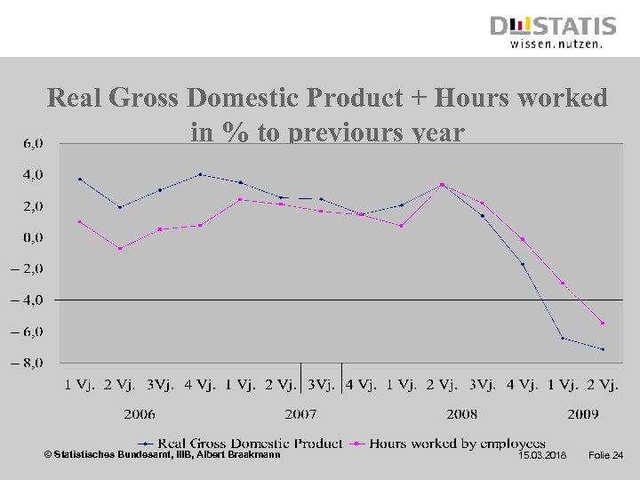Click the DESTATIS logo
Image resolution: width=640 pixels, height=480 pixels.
[553, 31]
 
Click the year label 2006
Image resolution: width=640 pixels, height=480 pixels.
[140, 413]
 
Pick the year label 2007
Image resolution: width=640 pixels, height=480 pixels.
[300, 413]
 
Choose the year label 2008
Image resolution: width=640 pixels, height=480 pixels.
[461, 413]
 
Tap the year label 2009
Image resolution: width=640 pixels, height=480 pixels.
[582, 413]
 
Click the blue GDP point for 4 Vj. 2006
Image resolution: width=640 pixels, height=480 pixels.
[200, 174]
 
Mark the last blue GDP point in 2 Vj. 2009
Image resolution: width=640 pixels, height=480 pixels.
[603, 349]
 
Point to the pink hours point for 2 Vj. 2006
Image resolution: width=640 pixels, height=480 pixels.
[120, 248]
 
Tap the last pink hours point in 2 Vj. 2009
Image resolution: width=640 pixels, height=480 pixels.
[603, 323]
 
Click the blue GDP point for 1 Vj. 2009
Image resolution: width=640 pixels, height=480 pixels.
[563, 338]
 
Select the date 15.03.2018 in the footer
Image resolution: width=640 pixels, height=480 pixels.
[542, 456]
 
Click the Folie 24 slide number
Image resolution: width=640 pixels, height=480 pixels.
[606, 456]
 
